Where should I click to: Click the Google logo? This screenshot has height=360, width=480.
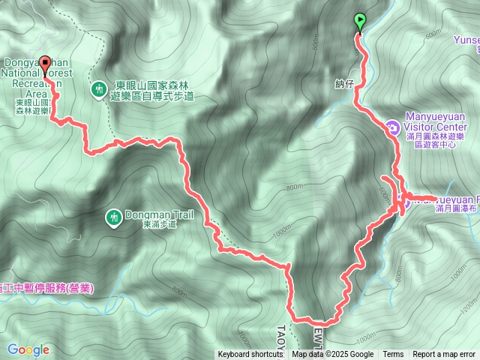click(28, 349)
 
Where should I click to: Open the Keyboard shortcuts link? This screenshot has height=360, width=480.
click(251, 355)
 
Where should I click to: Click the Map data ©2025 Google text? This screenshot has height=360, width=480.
click(333, 355)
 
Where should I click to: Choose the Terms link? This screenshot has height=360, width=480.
click(393, 355)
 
